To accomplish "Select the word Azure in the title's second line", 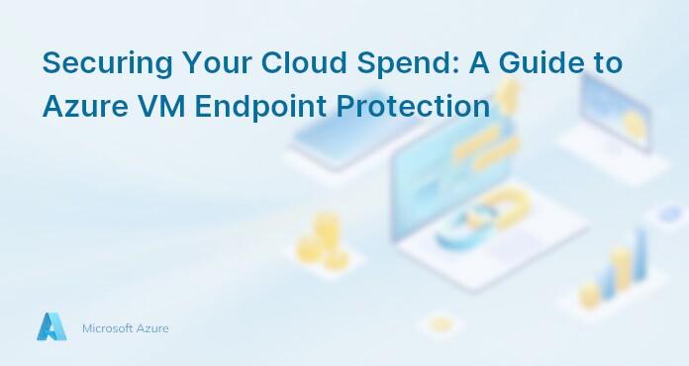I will pos(80,106).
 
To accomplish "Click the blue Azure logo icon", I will pos(51,326).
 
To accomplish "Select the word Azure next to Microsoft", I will pos(153,327).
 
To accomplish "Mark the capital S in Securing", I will pos(51,63).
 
